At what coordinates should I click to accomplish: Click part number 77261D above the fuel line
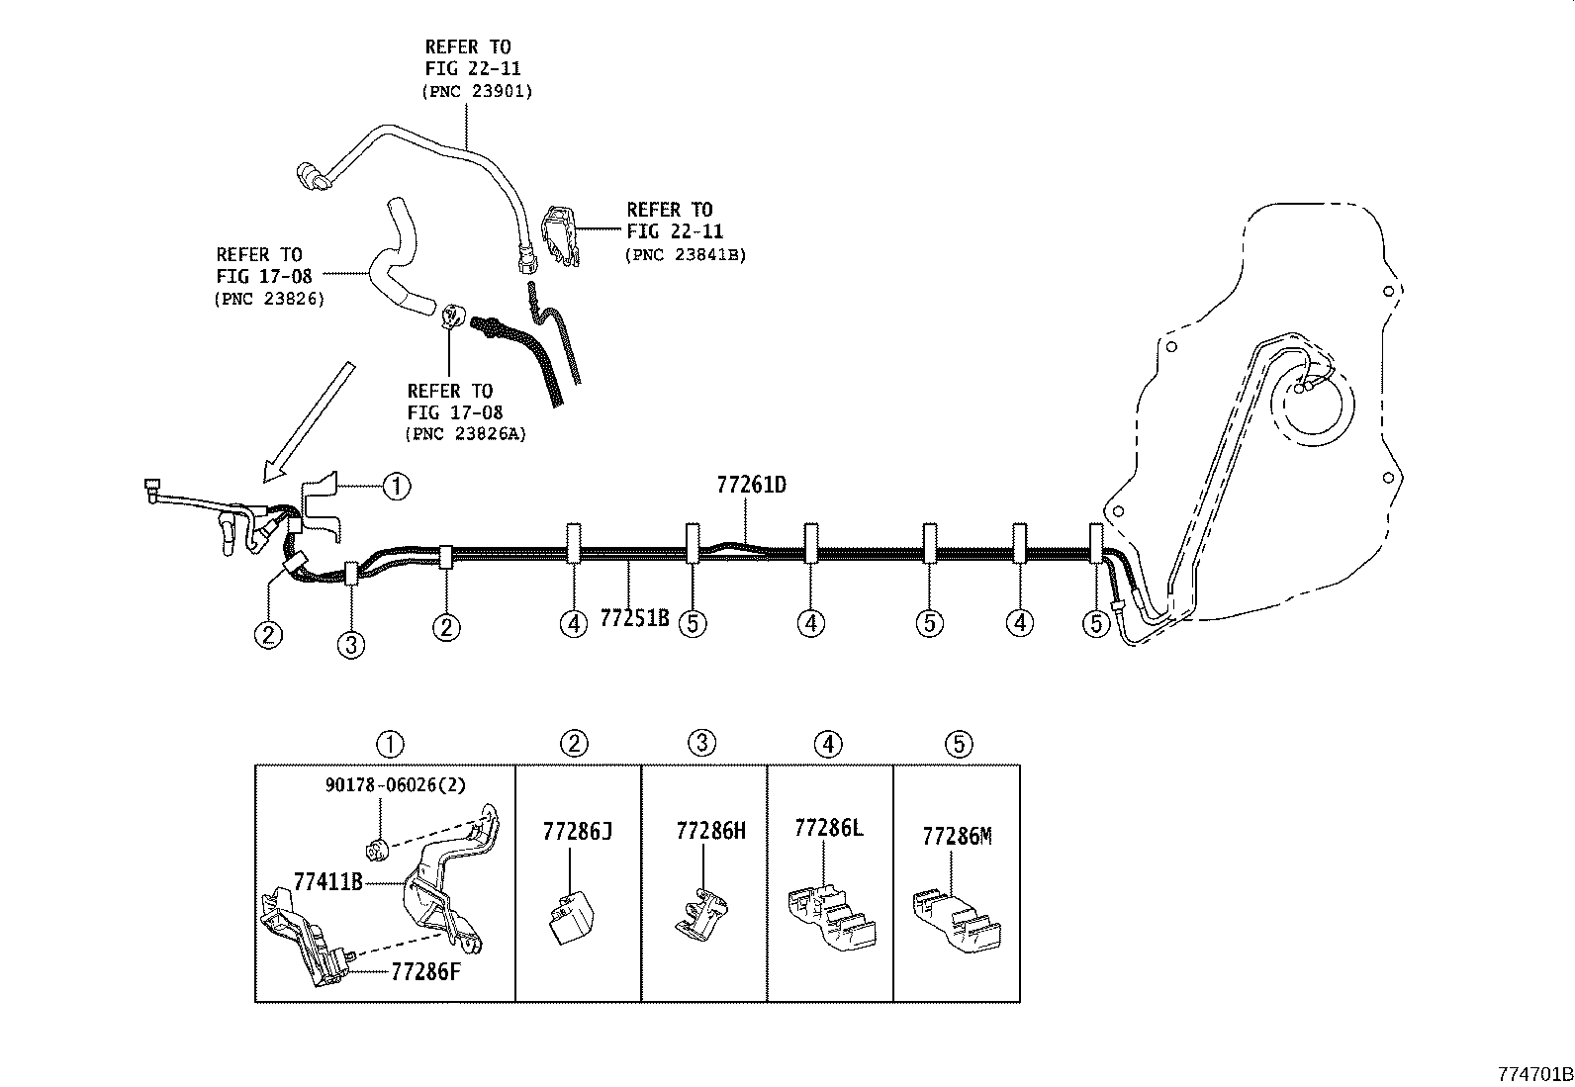point(751,486)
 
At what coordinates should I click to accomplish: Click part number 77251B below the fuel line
point(634,619)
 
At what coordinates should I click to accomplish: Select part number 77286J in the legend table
point(577,831)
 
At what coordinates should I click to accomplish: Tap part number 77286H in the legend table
point(710,831)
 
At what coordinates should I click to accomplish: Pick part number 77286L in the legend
point(828,828)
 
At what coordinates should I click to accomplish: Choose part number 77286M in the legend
point(956,837)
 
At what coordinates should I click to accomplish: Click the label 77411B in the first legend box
point(327,881)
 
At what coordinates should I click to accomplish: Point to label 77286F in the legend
point(425,971)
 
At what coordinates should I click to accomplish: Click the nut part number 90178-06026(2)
point(395,784)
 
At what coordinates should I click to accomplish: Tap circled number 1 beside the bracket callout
point(396,486)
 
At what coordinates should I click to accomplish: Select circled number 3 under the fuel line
point(350,645)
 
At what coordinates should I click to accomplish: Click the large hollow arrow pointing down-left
point(308,421)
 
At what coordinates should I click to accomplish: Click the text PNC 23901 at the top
point(477,91)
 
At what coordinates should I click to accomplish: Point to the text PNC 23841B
point(685,254)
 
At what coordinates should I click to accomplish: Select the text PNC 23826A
point(465,434)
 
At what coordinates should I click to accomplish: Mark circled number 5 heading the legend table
point(958,744)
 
